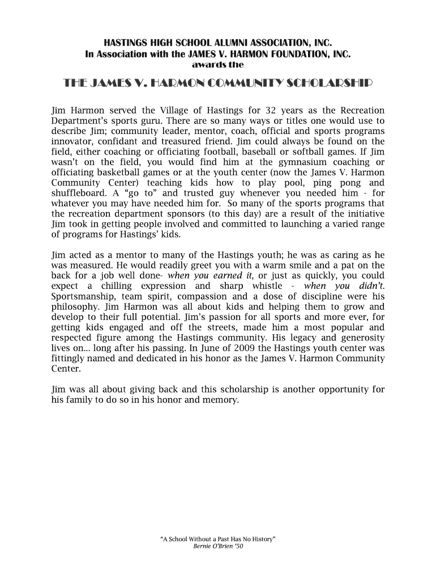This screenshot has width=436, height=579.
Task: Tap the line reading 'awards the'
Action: pyautogui.click(x=218, y=65)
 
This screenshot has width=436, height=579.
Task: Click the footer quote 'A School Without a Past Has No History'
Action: pyautogui.click(x=218, y=539)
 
